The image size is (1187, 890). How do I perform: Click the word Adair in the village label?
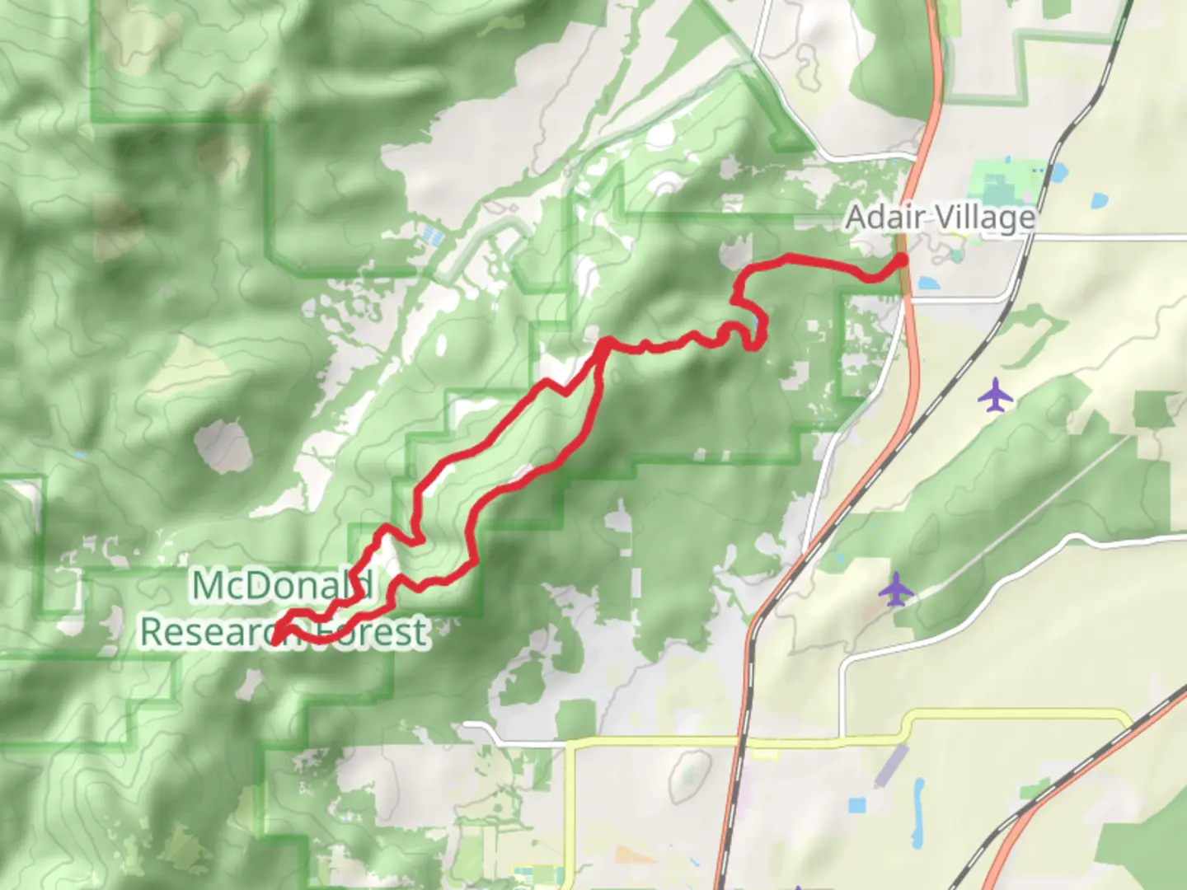(878, 218)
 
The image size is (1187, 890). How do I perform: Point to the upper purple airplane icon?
(996, 395)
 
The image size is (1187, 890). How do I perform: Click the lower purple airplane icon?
(896, 589)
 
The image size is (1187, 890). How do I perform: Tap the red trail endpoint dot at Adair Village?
(902, 260)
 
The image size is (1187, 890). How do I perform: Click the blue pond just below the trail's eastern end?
(927, 283)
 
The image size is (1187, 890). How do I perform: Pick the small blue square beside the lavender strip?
(858, 803)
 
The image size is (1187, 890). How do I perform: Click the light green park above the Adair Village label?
(997, 181)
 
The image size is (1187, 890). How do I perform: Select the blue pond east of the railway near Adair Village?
(1099, 200)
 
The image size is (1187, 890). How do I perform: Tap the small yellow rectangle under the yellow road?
(764, 753)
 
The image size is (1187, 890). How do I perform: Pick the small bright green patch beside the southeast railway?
(1035, 792)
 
